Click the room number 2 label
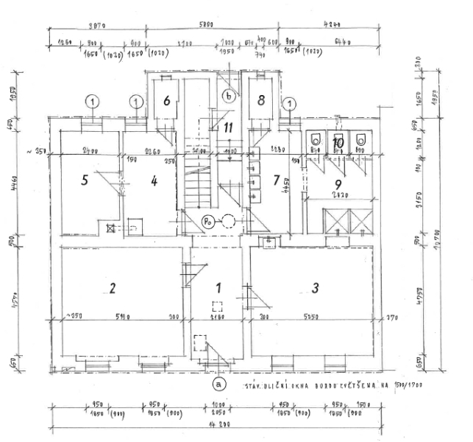(113, 288)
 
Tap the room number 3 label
(316, 288)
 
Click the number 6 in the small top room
(167, 102)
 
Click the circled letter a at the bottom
(218, 384)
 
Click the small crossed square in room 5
(110, 228)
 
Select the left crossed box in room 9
(338, 220)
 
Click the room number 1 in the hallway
(218, 288)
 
